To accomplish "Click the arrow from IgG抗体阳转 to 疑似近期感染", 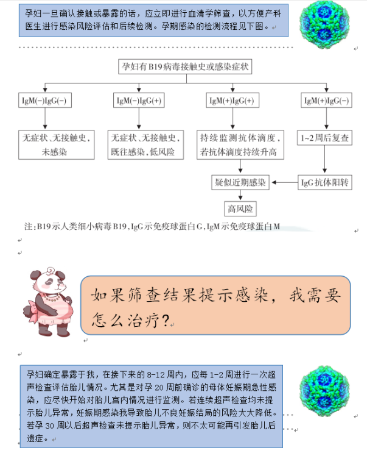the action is click(285, 182).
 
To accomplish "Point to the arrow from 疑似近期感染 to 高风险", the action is click(240, 195).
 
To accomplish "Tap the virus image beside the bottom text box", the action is click(324, 391).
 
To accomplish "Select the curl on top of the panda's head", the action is click(51, 271).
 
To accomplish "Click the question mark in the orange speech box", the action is click(166, 320).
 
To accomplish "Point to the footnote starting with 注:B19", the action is click(152, 226).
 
